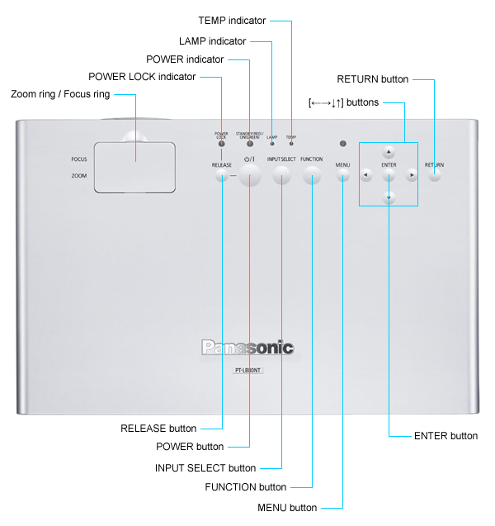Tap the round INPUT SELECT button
281,174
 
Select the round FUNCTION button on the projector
312,174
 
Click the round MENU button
343,175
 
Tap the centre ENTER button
389,175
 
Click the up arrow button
389,153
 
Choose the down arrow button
389,197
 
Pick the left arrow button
366,175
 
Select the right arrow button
412,175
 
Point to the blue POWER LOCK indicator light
221,145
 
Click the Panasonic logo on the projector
247,348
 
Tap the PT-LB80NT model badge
247,371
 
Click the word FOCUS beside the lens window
79,159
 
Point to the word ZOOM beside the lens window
79,175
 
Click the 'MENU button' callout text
287,507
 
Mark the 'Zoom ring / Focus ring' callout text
60,94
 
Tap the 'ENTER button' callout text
445,435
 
